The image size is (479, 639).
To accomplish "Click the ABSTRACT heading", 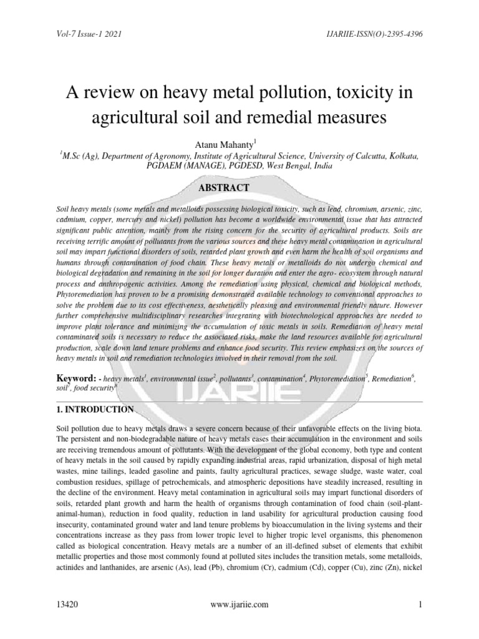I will click(x=240, y=187).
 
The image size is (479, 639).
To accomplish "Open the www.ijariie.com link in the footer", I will click(x=240, y=604).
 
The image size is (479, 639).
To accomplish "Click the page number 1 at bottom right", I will click(x=421, y=604).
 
